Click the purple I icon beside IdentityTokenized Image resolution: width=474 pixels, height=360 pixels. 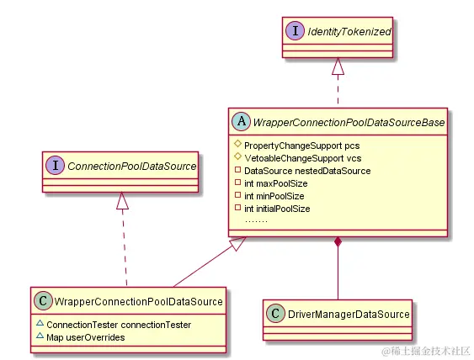pos(296,31)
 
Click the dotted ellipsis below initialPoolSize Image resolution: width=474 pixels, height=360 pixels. pos(256,219)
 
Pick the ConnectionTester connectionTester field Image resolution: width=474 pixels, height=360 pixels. pos(119,324)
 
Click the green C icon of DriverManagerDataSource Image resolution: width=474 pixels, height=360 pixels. pos(276,314)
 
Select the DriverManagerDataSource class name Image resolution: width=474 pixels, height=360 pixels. pos(348,314)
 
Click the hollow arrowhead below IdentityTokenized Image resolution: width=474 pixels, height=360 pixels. pos(338,66)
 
